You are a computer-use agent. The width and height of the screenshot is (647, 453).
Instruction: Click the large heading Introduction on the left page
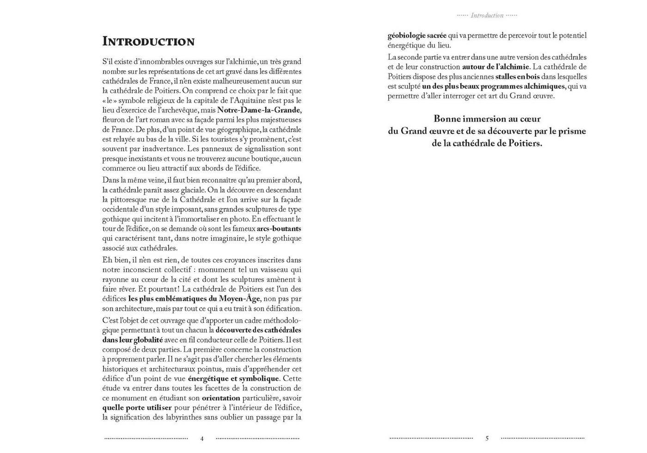pyautogui.click(x=148, y=42)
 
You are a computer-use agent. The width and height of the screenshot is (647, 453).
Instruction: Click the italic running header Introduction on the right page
pyautogui.click(x=487, y=16)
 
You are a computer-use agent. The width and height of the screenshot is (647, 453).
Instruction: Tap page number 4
pyautogui.click(x=202, y=438)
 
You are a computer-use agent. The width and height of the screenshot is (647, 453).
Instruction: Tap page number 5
pyautogui.click(x=487, y=438)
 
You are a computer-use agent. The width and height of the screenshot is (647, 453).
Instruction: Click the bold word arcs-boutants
pyautogui.click(x=279, y=229)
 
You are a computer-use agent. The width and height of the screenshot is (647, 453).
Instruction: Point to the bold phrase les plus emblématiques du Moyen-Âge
pyautogui.click(x=195, y=299)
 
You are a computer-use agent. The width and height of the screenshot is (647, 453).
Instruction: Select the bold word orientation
pyautogui.click(x=221, y=398)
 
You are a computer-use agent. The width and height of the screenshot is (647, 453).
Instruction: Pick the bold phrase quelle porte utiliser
pyautogui.click(x=137, y=408)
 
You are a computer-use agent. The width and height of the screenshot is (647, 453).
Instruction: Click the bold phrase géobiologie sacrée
pyautogui.click(x=417, y=36)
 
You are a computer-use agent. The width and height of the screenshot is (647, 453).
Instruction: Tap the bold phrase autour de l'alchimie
pyautogui.click(x=495, y=67)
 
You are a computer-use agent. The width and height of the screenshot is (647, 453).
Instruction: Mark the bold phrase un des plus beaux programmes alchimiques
pyautogui.click(x=494, y=86)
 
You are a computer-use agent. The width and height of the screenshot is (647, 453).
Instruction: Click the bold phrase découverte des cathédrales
pyautogui.click(x=258, y=330)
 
